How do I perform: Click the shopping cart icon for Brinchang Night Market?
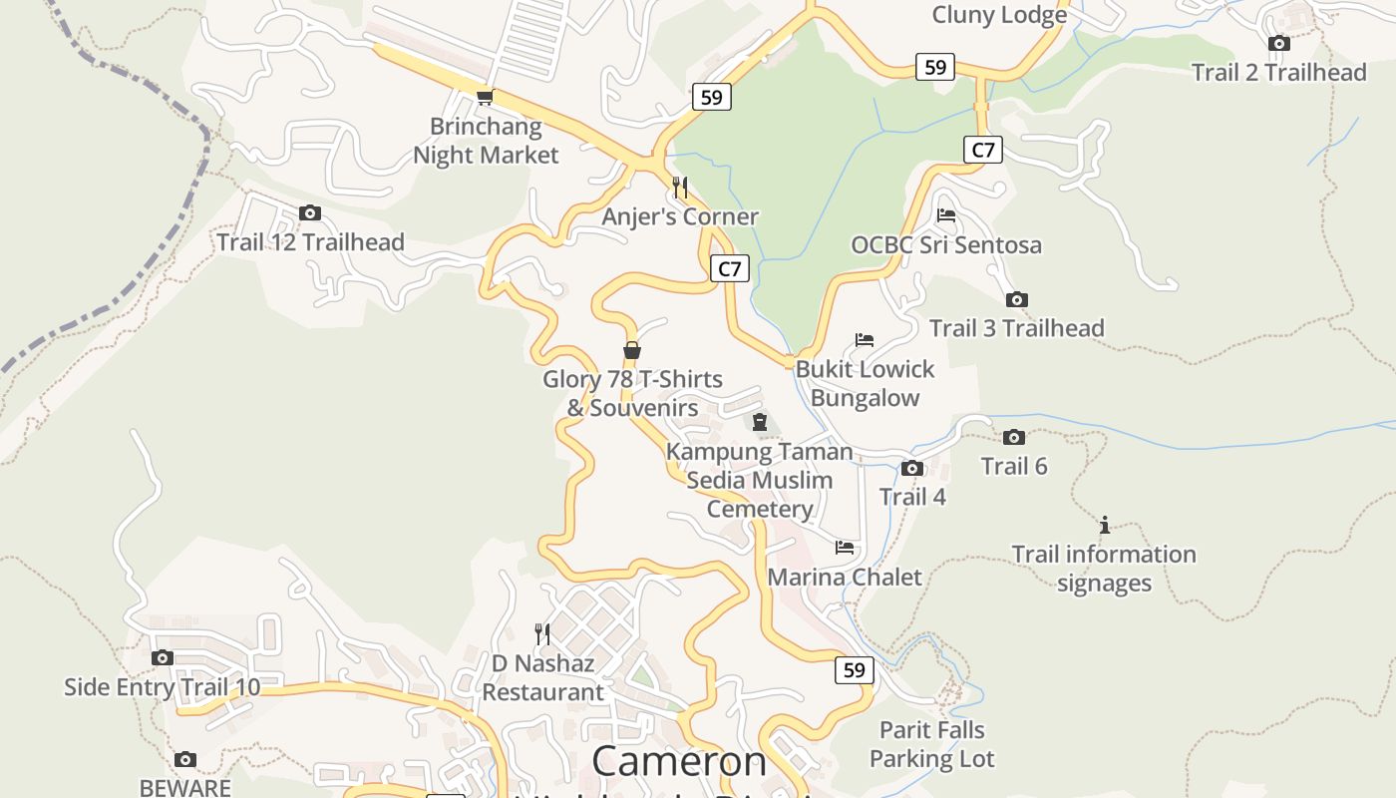tap(485, 97)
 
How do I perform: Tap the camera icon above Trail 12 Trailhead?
tap(310, 212)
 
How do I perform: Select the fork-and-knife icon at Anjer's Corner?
tap(680, 187)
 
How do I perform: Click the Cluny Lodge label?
tap(999, 15)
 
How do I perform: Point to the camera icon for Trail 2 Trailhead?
tap(1278, 43)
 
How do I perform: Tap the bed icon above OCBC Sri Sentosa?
tap(946, 214)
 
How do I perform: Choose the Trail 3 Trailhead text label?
tap(1016, 328)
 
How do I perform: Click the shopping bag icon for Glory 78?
tap(631, 350)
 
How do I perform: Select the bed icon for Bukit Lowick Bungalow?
tap(865, 340)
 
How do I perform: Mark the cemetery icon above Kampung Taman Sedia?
tap(760, 422)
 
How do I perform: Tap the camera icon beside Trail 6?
tap(1014, 437)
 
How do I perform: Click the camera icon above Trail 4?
tap(911, 468)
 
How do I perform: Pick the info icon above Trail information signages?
tap(1104, 525)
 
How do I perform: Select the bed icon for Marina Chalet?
tap(845, 548)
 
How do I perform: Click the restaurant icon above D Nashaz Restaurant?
tap(542, 633)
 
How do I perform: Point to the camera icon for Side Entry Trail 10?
tap(162, 657)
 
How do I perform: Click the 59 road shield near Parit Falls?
tap(854, 670)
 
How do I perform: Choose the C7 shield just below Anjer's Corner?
tap(730, 268)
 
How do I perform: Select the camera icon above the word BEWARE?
tap(185, 759)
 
